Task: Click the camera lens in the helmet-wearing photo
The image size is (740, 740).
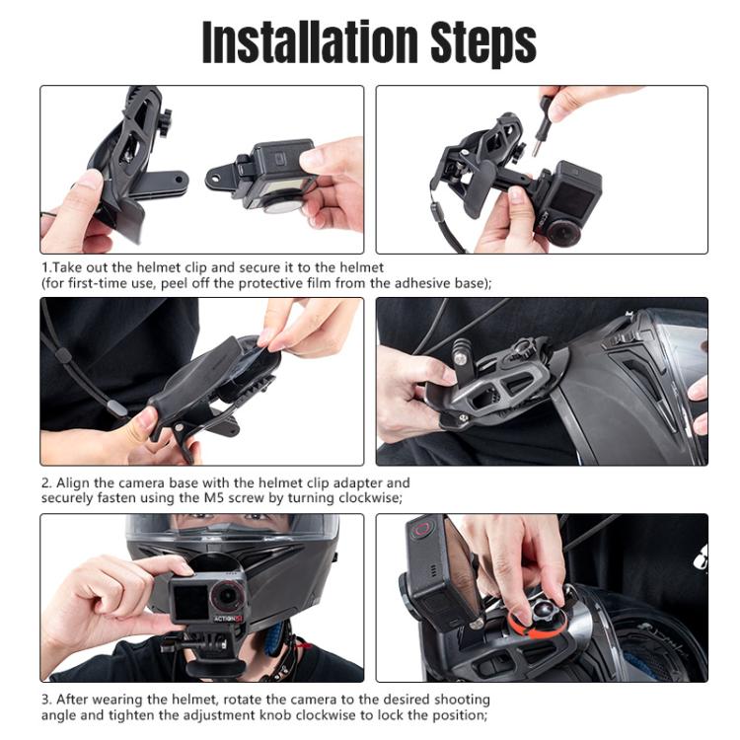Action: coord(228,595)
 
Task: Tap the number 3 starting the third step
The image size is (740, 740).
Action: coord(45,701)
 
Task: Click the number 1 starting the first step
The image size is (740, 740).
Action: coord(44,267)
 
